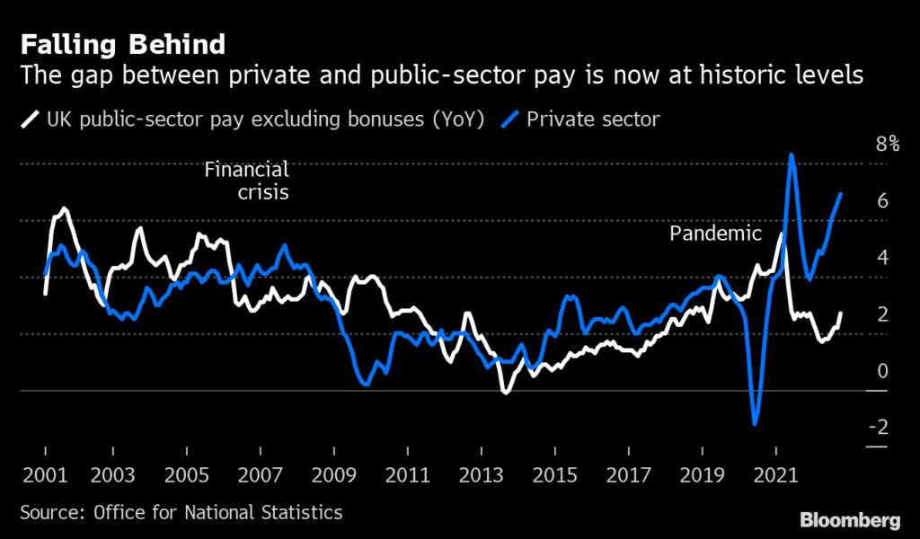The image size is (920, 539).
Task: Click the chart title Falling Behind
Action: pyautogui.click(x=123, y=44)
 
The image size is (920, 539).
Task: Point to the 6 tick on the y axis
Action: pyautogui.click(x=882, y=200)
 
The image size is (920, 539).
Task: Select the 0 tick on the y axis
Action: pyautogui.click(x=882, y=370)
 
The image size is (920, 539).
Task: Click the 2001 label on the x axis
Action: pyautogui.click(x=44, y=474)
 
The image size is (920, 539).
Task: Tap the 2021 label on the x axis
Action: pyautogui.click(x=776, y=474)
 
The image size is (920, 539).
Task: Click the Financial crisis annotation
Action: pyautogui.click(x=246, y=180)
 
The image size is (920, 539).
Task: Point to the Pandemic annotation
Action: pyautogui.click(x=715, y=234)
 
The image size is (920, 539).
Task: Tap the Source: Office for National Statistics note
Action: pyautogui.click(x=181, y=513)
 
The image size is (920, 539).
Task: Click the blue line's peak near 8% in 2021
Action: pyautogui.click(x=791, y=155)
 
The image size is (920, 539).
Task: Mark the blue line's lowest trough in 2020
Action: pyautogui.click(x=755, y=423)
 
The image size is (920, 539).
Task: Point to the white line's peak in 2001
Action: pyautogui.click(x=63, y=209)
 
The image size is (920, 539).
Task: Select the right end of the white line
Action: pyautogui.click(x=841, y=313)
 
